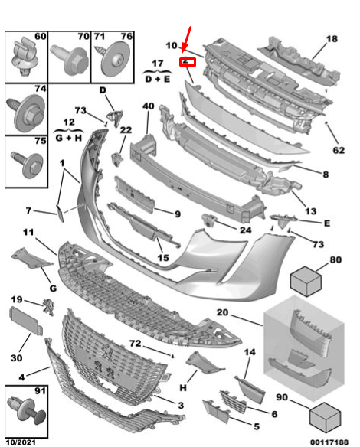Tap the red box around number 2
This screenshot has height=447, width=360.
188,62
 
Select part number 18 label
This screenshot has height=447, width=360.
332,39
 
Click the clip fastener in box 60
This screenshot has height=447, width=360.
25,57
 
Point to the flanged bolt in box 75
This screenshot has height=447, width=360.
28,165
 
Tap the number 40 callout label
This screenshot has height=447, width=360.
149,106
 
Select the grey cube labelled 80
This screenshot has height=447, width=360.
306,281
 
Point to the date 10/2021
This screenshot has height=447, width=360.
21,442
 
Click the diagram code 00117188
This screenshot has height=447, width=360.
329,442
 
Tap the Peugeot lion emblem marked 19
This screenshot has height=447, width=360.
48,307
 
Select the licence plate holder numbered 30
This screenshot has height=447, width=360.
26,321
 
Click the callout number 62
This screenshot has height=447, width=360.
339,150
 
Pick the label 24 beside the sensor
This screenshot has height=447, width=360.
245,230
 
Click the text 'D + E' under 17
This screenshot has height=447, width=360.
158,79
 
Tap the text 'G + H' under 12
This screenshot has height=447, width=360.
69,138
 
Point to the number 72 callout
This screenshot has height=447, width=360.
136,343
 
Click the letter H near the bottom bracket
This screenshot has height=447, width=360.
183,387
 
